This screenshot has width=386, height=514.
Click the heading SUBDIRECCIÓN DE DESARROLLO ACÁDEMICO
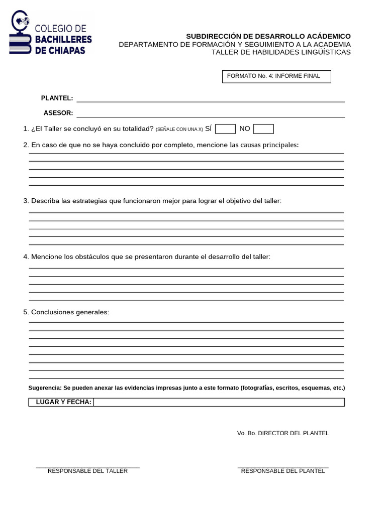(268, 37)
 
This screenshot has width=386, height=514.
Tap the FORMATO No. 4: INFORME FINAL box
(276, 76)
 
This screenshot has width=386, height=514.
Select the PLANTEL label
(57, 98)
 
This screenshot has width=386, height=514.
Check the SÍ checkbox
(225, 129)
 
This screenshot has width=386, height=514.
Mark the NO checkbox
(263, 129)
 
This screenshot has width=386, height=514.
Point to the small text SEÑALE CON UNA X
(179, 130)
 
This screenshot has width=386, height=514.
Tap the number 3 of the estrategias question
(25, 201)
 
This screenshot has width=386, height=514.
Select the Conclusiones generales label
(70, 312)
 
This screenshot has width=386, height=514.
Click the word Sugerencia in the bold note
(44, 388)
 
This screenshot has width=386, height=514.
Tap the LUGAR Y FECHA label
(63, 402)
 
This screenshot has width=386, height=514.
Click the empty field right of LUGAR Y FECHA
(219, 402)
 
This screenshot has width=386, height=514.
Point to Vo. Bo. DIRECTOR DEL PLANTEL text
(283, 433)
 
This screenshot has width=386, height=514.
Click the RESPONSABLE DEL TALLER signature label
(87, 471)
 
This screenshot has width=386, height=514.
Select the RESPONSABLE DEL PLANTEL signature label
(283, 471)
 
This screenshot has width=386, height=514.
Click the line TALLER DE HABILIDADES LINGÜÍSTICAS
(281, 52)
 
